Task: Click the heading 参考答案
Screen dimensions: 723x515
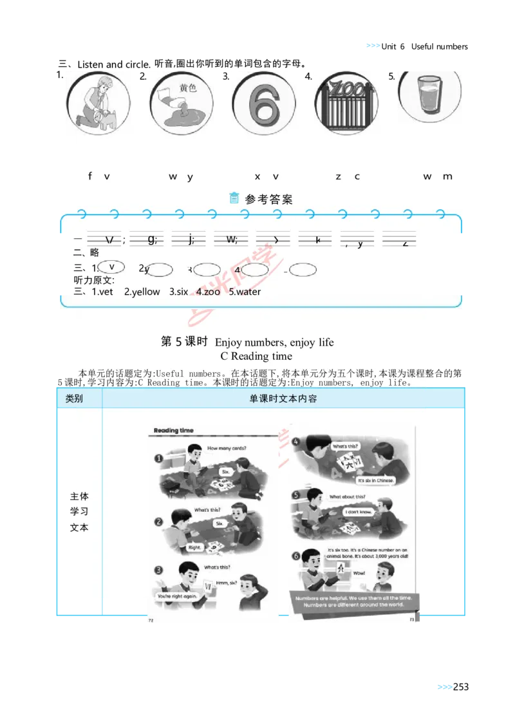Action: [x=268, y=200]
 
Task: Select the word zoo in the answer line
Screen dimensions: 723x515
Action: [x=211, y=292]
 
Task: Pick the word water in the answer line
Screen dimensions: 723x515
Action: [x=248, y=292]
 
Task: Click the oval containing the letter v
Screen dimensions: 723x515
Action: [x=112, y=267]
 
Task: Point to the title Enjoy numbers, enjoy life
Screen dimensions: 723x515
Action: [x=274, y=343]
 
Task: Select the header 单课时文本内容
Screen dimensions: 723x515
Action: [x=283, y=399]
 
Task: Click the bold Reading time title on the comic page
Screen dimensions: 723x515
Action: [x=173, y=430]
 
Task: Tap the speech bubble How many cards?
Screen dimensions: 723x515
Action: [x=227, y=448]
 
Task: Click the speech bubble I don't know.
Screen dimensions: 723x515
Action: [x=358, y=512]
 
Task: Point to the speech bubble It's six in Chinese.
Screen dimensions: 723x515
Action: [x=376, y=480]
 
